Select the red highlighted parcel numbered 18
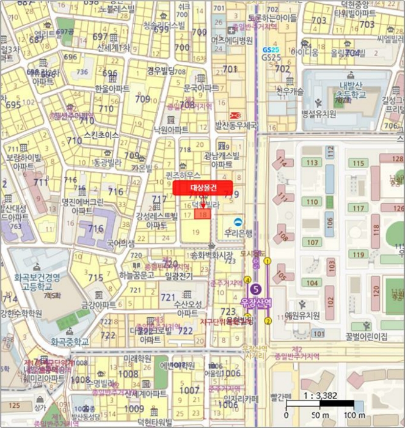point(203,214)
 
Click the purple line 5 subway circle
point(257,290)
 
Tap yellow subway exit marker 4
point(247,280)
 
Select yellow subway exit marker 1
point(268,262)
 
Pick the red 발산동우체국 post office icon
point(234,115)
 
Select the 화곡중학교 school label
point(70,342)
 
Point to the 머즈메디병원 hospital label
point(232,40)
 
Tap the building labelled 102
point(330,300)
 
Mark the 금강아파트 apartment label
point(98,304)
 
